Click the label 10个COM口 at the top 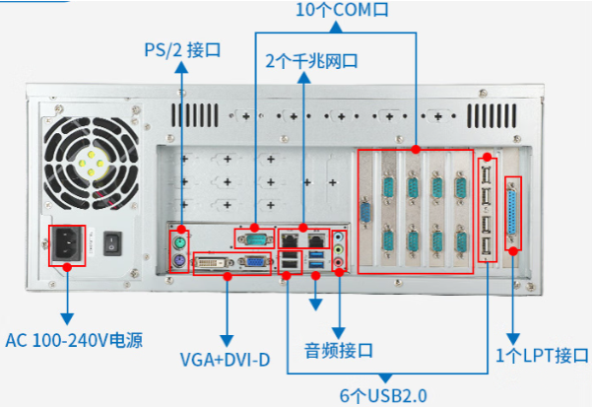click(341, 12)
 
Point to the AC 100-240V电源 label click(74, 341)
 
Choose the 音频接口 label click(338, 350)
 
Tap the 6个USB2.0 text click(383, 396)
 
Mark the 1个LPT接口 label click(542, 355)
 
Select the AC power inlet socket click(67, 246)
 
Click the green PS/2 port click(179, 240)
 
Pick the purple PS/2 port click(179, 260)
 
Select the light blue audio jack click(340, 237)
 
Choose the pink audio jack click(340, 263)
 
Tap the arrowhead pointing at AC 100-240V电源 click(67, 319)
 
